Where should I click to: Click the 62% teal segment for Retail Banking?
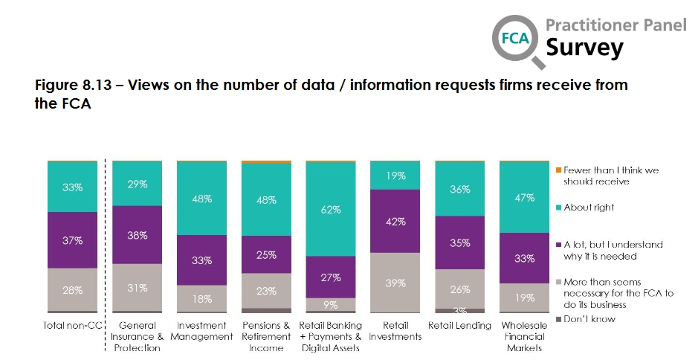[x=331, y=209]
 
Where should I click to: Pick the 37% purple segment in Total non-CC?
[x=72, y=240]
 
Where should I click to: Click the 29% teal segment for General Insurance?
[x=137, y=184]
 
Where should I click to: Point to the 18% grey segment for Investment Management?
[x=201, y=298]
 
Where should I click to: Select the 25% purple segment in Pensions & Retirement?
[x=266, y=255]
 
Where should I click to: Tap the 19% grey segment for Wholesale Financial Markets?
[x=524, y=297]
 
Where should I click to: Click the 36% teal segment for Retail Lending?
[x=459, y=189]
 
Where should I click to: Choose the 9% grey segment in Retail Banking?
[x=331, y=304]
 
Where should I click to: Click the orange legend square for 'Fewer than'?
[x=559, y=170]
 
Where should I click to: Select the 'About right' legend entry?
[x=589, y=208]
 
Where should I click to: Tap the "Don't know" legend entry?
[x=589, y=319]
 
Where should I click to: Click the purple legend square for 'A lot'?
[x=559, y=245]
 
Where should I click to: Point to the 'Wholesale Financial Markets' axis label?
[x=524, y=336]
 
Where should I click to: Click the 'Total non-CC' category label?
[x=72, y=326]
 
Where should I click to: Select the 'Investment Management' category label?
[x=201, y=331]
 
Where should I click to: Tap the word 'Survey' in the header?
[x=584, y=48]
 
